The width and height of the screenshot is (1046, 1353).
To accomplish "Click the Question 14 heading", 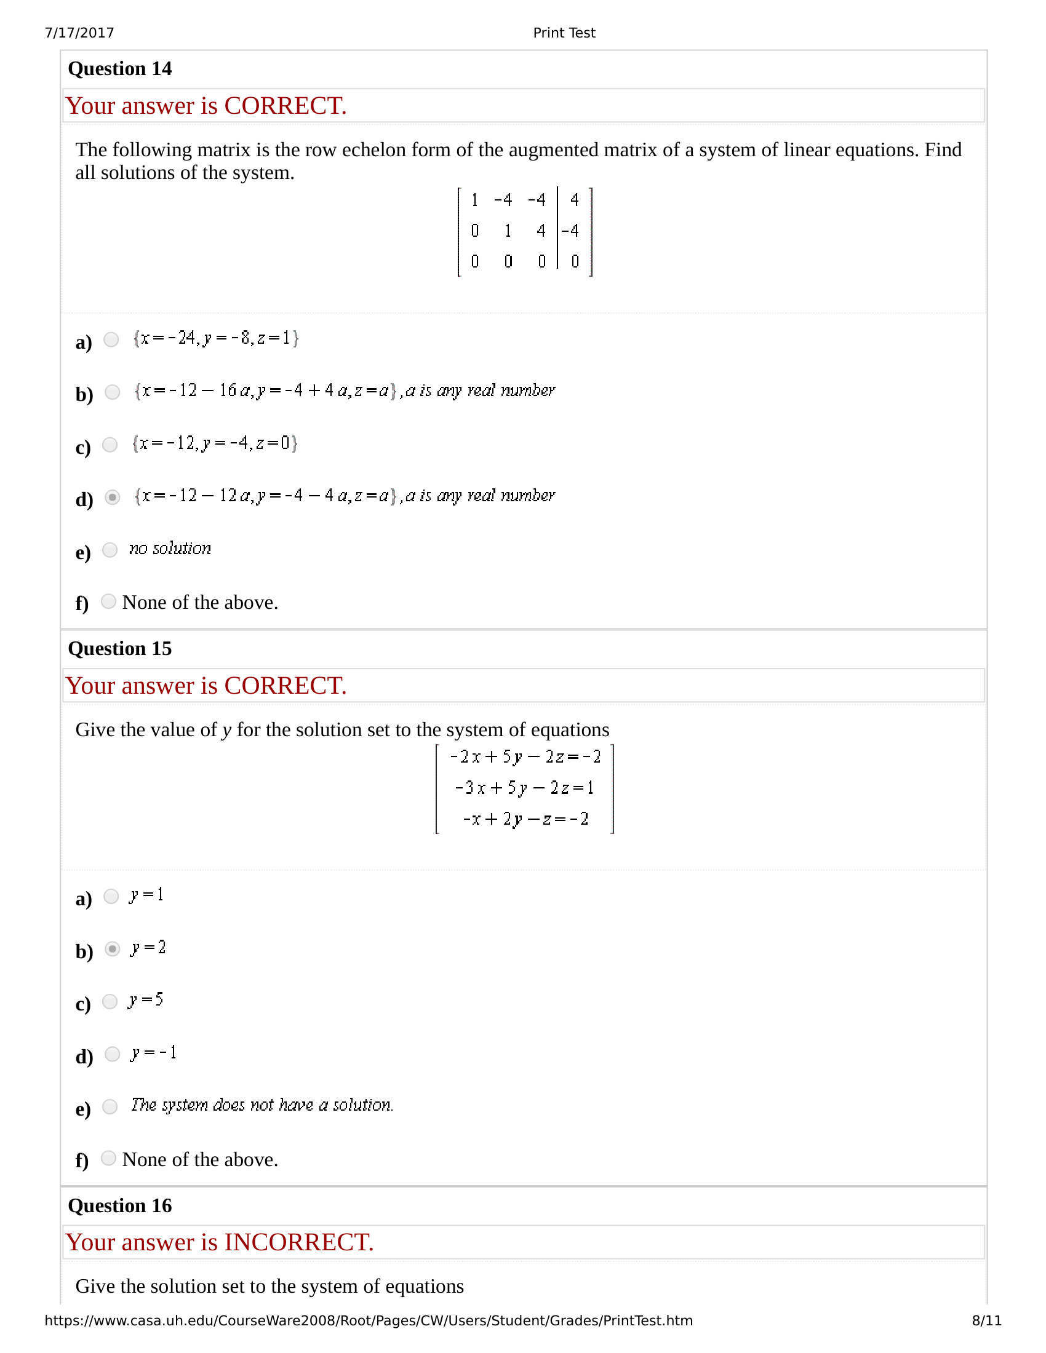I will click(x=119, y=69).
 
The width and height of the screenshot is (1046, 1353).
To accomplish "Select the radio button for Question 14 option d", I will click(x=112, y=498).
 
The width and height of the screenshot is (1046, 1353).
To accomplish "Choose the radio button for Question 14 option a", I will click(x=111, y=339).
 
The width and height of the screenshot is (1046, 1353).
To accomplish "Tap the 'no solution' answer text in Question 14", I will click(x=170, y=549).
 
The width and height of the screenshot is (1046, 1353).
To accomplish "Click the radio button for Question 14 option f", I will click(x=108, y=601).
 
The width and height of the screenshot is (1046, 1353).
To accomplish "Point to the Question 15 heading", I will click(x=119, y=649).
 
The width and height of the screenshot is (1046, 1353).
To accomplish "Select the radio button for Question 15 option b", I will click(x=112, y=949).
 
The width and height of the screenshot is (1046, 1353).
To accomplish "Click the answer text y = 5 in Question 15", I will click(x=146, y=1001).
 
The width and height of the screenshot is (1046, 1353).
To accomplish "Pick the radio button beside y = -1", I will click(x=112, y=1053).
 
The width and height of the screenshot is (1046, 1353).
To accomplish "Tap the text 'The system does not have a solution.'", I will click(x=261, y=1105).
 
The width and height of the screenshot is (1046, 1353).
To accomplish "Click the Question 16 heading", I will click(x=119, y=1206).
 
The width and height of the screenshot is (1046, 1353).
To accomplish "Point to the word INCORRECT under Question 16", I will click(x=298, y=1243).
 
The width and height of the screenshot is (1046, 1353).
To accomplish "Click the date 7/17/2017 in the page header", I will click(x=79, y=33).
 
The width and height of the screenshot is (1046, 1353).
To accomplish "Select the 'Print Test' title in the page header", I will click(x=564, y=33).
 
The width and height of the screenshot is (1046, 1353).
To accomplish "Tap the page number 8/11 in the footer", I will click(x=986, y=1320).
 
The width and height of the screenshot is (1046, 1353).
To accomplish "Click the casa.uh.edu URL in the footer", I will click(x=368, y=1320).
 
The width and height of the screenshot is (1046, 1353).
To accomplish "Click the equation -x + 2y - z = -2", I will click(x=525, y=819).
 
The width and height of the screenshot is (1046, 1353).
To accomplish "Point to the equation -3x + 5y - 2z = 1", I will click(x=524, y=788).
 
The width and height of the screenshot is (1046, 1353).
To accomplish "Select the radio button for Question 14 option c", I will click(x=110, y=445).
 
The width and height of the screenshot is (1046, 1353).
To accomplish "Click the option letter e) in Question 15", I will click(x=83, y=1109).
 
